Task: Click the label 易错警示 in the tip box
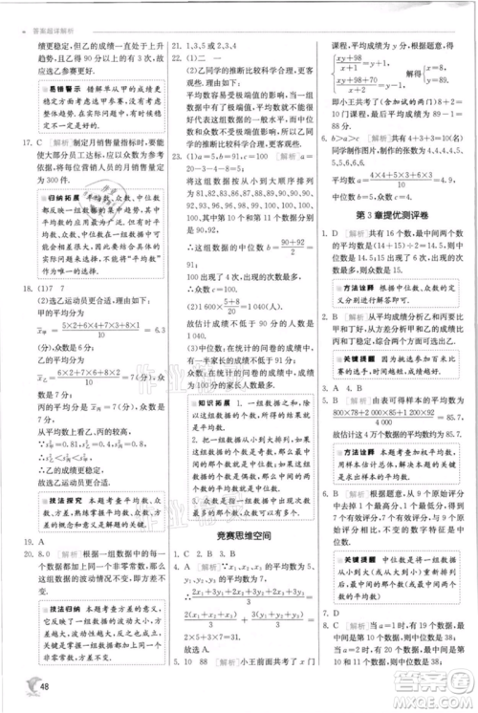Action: [x=60, y=88]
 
